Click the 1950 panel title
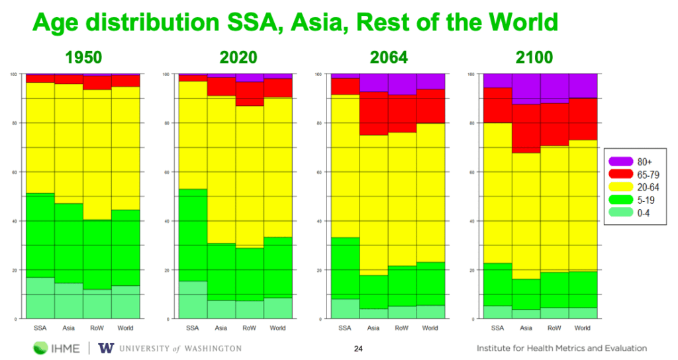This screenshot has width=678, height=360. click(83, 58)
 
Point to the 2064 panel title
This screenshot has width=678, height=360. click(387, 58)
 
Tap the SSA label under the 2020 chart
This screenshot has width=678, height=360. click(193, 328)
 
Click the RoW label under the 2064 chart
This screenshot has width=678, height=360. click(401, 328)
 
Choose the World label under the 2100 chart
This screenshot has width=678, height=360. click(583, 328)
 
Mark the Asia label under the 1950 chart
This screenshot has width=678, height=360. click(69, 328)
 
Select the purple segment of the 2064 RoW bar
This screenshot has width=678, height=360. click(402, 84)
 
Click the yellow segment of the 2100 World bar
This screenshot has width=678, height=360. click(583, 205)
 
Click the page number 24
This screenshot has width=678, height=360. click(359, 349)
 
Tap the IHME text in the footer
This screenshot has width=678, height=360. click(68, 348)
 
